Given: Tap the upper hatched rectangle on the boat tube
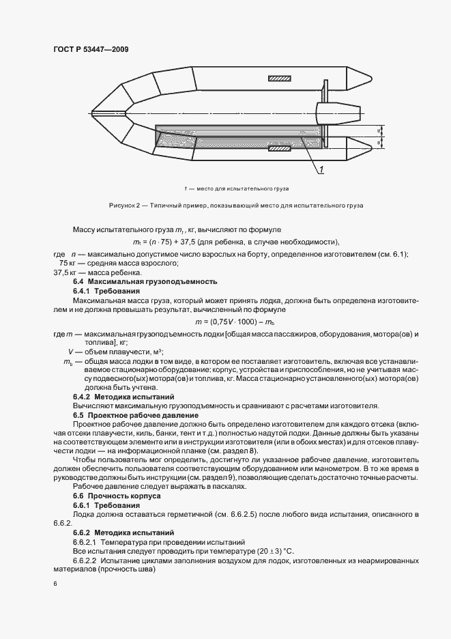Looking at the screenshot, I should [279, 79].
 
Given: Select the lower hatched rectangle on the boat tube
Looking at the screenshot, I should [279, 147].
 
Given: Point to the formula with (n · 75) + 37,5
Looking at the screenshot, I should [235, 242].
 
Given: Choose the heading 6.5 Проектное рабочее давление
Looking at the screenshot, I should [136, 414].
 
